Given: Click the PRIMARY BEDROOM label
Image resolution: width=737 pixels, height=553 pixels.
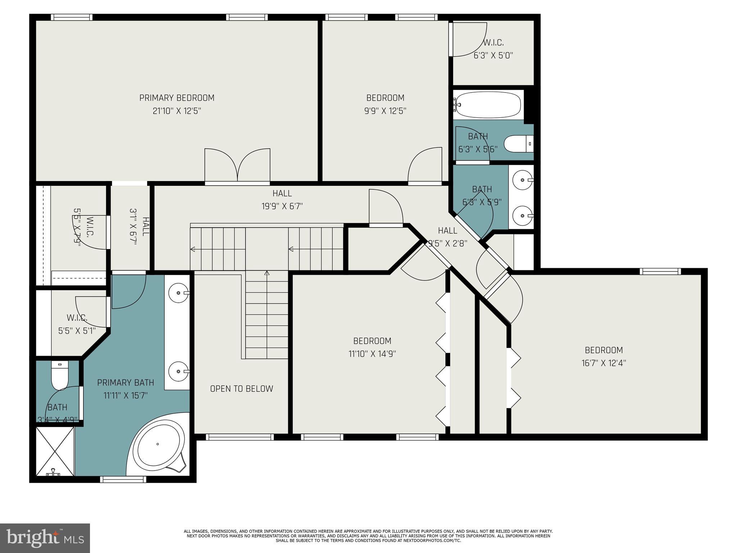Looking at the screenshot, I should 177,98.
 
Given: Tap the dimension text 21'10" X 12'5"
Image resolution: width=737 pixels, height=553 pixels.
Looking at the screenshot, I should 177,111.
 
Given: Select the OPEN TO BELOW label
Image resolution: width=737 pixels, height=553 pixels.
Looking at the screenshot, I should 241,389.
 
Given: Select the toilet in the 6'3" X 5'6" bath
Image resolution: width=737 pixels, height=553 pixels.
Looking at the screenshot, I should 518,144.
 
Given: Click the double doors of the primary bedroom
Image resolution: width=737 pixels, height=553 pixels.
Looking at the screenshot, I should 237,166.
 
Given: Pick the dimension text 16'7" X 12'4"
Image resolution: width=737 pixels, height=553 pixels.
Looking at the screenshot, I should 603,363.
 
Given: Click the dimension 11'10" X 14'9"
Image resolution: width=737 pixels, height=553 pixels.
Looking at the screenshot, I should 372,354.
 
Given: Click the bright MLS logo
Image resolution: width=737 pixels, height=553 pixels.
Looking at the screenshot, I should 45,538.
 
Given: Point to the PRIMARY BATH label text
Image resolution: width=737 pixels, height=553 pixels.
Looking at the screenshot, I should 126,383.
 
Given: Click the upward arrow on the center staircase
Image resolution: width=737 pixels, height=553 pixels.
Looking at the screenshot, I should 267,274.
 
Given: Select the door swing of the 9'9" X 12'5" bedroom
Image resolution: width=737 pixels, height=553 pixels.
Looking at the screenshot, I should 425,166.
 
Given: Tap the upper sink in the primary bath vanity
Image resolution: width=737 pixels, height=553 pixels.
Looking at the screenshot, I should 179,293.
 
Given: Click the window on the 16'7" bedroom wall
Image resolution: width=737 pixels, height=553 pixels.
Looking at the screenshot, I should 660,271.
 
